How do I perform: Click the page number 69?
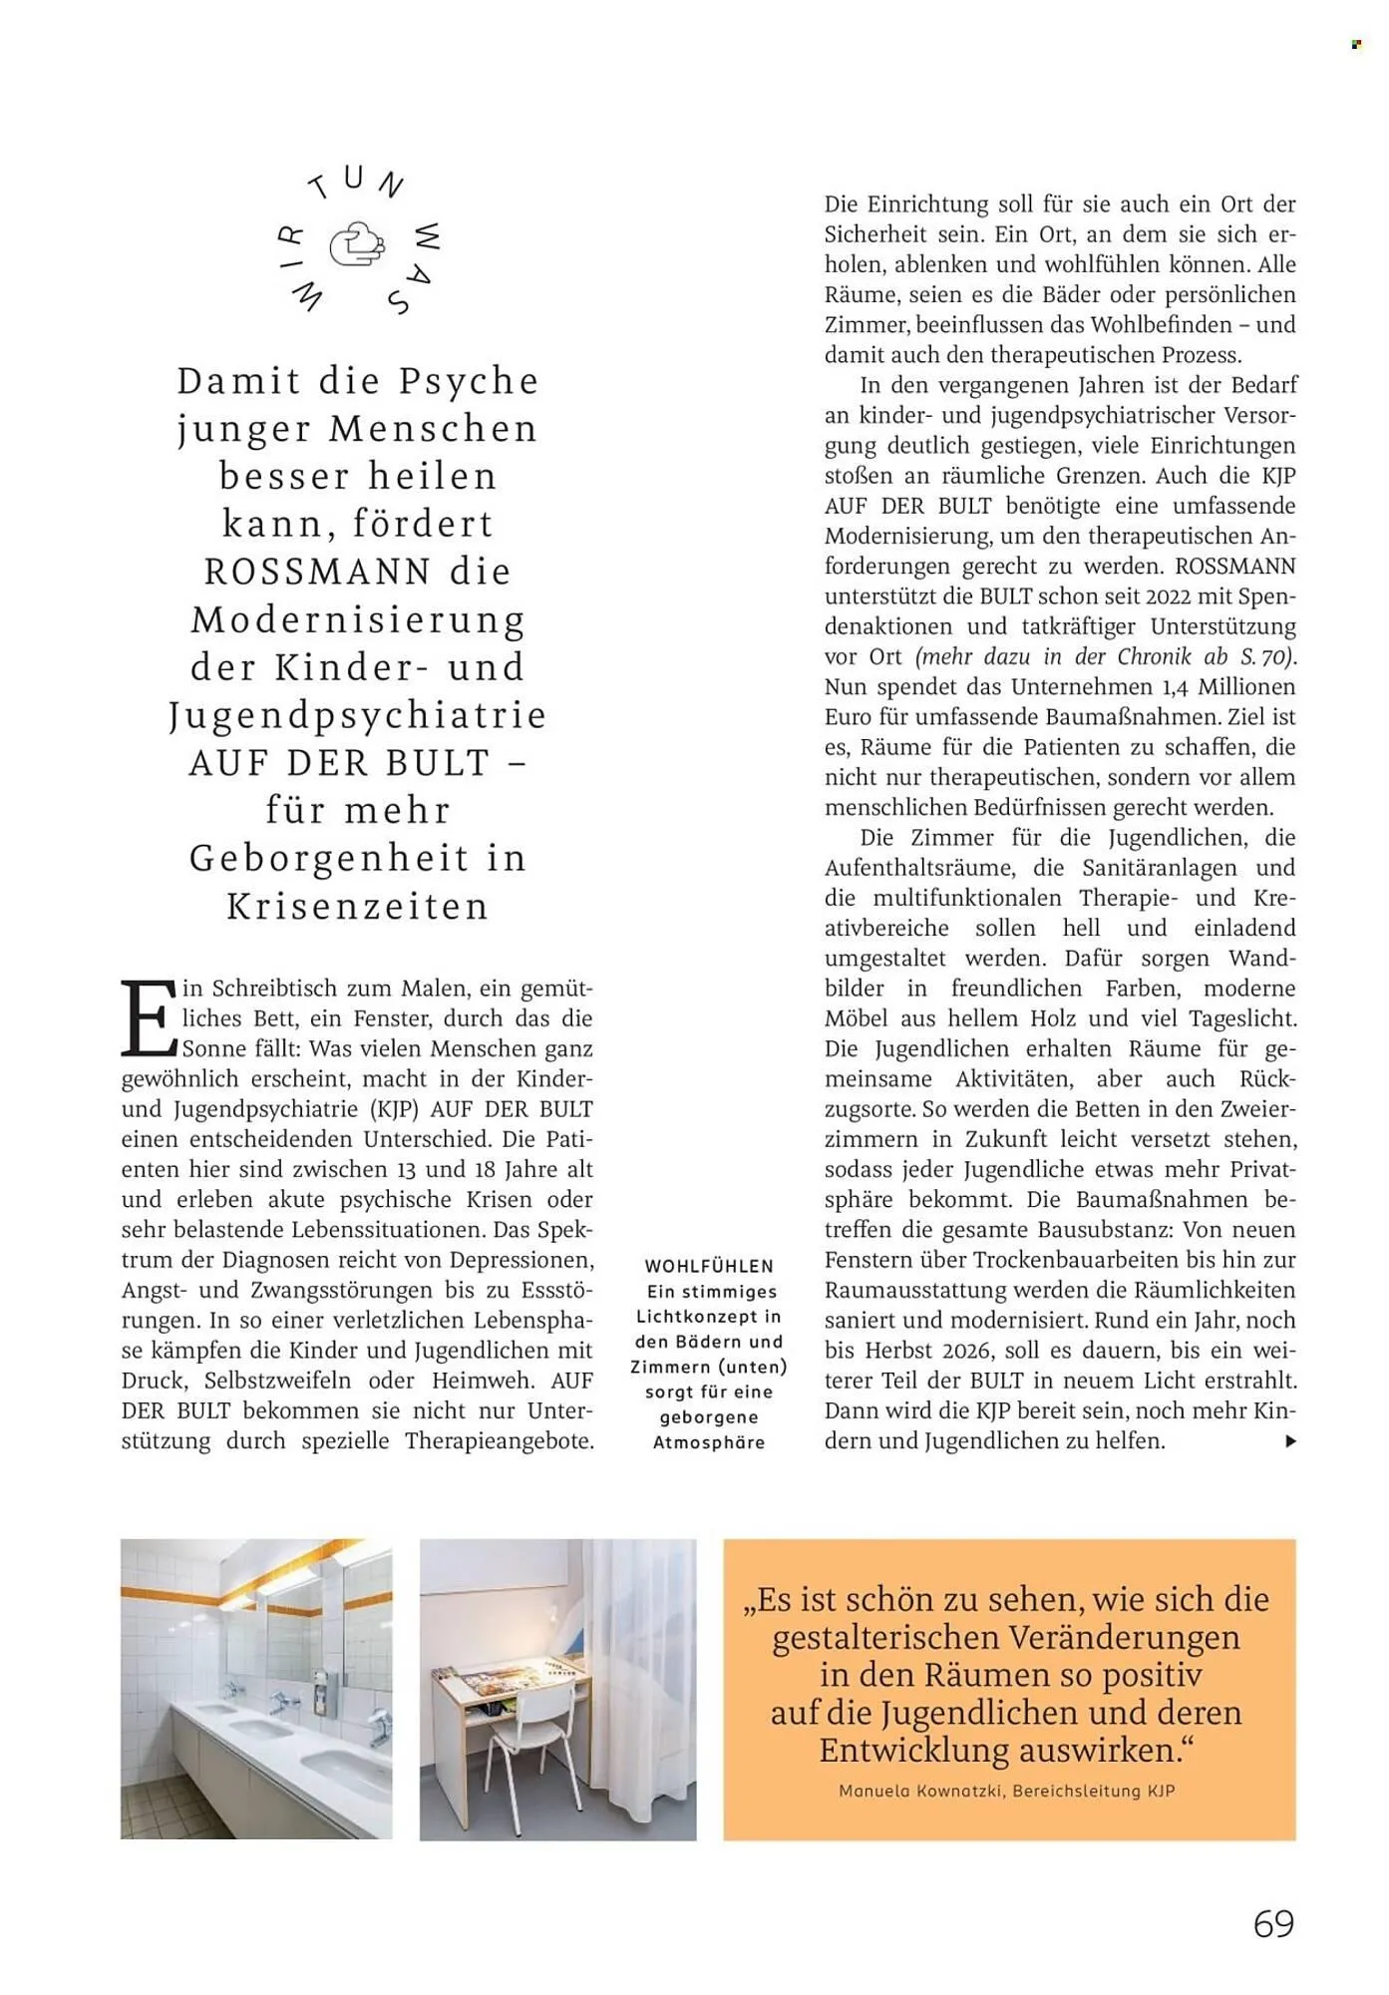click(1273, 1923)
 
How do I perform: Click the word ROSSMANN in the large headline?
click(318, 572)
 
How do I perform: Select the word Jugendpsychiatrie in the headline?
click(358, 715)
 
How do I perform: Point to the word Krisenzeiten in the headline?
click(358, 906)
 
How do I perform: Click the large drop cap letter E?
click(148, 1018)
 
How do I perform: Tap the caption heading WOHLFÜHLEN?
click(709, 1266)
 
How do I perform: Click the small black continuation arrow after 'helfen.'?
click(1291, 1440)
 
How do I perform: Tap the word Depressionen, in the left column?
click(521, 1260)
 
